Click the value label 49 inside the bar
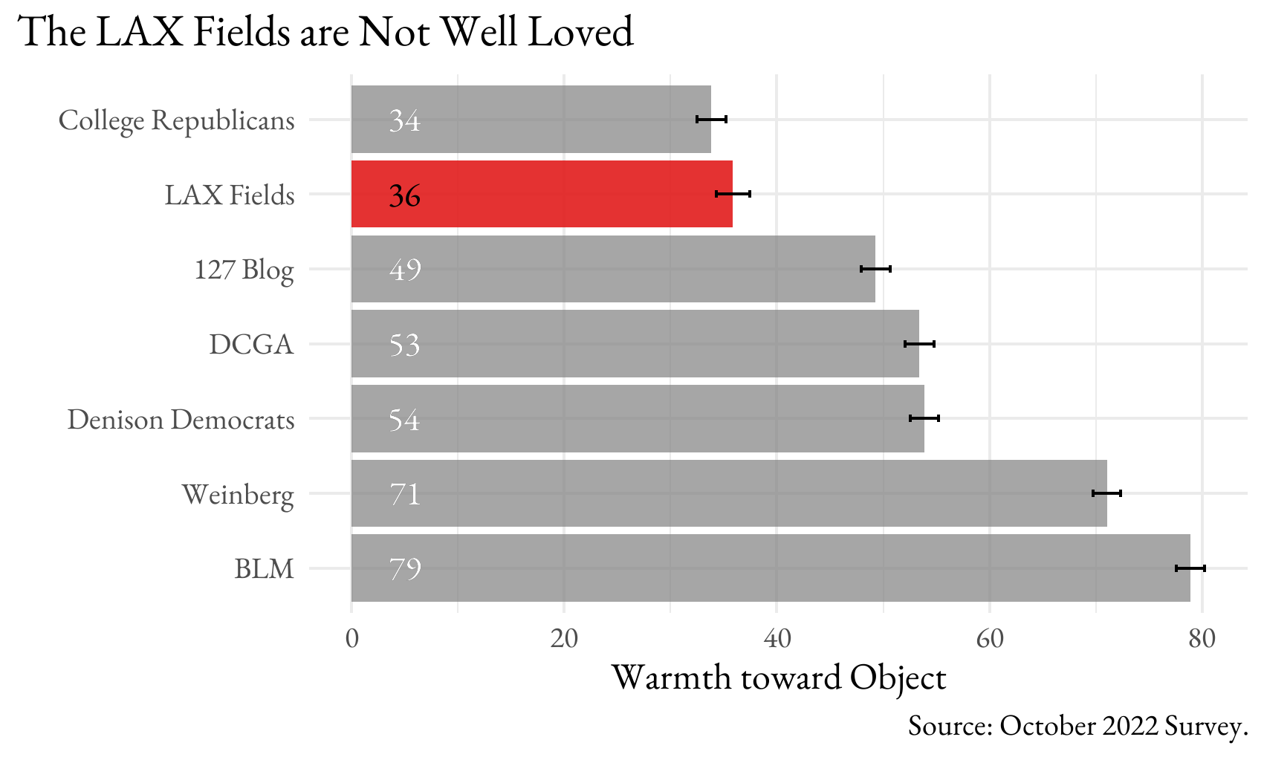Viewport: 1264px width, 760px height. [x=405, y=269]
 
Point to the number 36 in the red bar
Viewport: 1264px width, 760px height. [x=405, y=195]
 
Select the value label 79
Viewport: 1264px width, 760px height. [x=405, y=569]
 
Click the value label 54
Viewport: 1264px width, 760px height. [x=405, y=420]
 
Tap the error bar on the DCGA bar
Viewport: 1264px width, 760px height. [x=919, y=344]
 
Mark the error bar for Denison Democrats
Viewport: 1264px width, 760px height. [x=924, y=418]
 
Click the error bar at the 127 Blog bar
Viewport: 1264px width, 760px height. [x=875, y=268]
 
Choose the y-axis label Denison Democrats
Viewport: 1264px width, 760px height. [x=181, y=420]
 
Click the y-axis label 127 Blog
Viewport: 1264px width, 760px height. [x=244, y=269]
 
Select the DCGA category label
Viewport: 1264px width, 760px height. [x=251, y=345]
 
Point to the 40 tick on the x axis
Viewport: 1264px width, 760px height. [x=777, y=639]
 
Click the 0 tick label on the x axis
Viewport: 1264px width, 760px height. [x=351, y=639]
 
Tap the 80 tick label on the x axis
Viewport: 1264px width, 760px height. [x=1202, y=639]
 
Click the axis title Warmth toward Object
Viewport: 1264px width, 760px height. [x=778, y=678]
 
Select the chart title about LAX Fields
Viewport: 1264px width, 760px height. [x=325, y=32]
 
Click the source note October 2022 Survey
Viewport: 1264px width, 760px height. [x=1077, y=726]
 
